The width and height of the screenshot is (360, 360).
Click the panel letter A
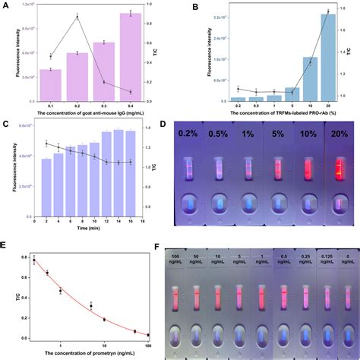[x=5, y=6]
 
